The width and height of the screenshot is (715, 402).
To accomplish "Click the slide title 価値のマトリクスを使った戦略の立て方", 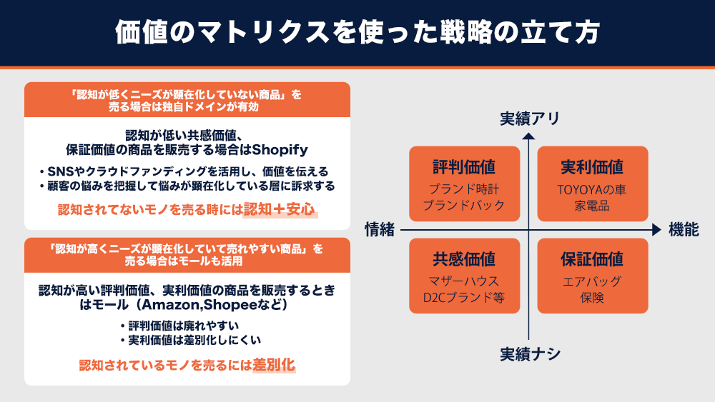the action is [357, 32].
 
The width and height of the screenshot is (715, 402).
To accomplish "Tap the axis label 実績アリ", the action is [530, 119].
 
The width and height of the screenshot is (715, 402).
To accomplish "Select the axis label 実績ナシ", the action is [530, 353].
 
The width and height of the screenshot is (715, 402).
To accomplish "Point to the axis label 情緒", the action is [380, 229].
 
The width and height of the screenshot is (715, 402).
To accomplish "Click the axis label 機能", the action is [684, 229].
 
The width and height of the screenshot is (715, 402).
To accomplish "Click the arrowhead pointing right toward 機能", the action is [656, 230].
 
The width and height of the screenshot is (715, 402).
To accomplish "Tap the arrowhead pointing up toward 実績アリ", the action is [528, 136].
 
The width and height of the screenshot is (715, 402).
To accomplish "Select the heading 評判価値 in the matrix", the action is [464, 166].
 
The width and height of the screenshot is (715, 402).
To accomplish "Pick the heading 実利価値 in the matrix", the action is [592, 166].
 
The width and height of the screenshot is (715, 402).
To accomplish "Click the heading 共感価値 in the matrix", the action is [464, 259].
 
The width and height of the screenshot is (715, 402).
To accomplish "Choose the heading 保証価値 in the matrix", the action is [592, 259].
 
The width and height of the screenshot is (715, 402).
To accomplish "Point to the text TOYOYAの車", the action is [592, 189].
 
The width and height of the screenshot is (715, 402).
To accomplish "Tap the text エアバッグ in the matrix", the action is [592, 281].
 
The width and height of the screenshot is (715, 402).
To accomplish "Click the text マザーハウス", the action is [464, 281].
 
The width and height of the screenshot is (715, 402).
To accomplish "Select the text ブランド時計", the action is [464, 189].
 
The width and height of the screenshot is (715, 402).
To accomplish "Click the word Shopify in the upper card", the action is [280, 150].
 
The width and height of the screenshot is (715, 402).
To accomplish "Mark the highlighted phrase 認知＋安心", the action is [279, 209].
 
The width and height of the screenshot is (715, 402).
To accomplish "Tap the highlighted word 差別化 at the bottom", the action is [274, 365].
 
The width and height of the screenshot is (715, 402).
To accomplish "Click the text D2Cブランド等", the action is [464, 297].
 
